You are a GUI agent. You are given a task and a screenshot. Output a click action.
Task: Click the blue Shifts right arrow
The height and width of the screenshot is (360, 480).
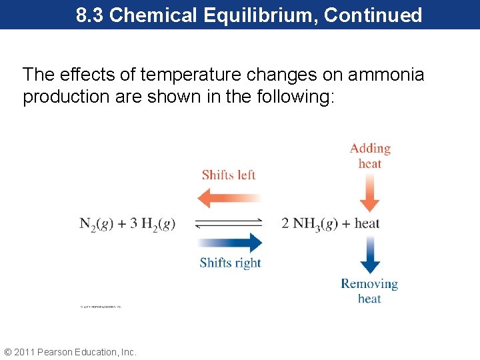click(229, 242)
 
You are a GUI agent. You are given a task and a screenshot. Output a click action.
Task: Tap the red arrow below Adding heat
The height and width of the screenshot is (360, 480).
click(369, 194)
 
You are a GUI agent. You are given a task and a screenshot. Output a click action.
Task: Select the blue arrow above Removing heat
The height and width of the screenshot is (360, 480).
click(369, 255)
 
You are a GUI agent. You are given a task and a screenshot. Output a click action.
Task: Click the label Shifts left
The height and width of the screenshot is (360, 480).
click(229, 175)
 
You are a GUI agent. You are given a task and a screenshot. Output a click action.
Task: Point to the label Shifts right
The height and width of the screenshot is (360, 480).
click(230, 263)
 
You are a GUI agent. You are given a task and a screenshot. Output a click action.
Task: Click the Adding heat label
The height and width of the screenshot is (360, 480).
click(370, 156)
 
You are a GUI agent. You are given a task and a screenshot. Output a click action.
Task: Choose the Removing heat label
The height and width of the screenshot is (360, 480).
click(369, 291)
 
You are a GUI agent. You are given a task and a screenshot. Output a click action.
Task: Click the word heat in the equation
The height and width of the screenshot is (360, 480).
click(367, 223)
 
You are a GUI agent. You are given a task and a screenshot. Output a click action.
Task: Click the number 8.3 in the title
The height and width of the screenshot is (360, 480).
click(90, 15)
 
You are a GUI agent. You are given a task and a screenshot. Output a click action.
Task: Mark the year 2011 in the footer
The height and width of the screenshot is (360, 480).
click(25, 352)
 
